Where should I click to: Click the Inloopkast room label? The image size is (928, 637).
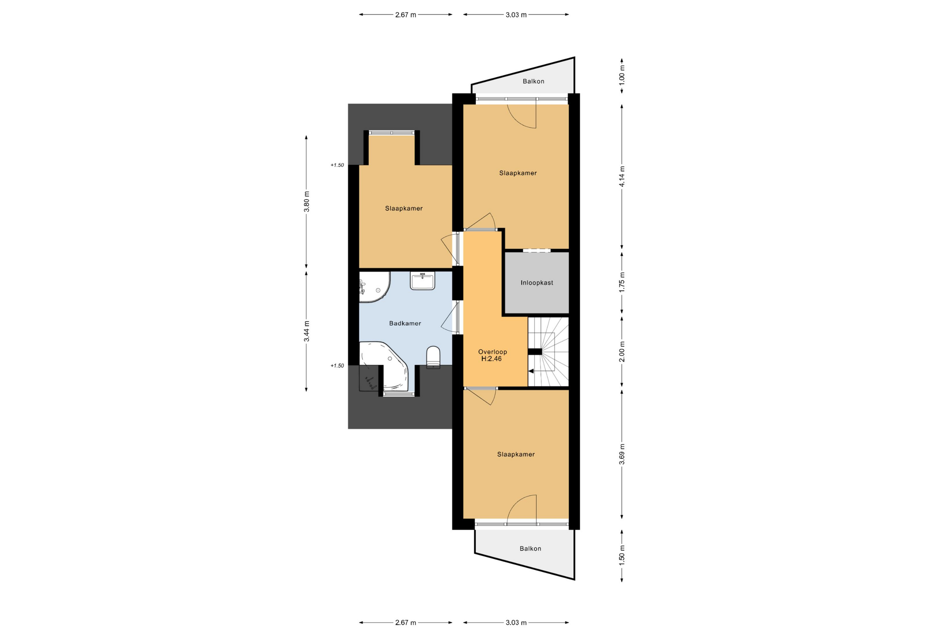pos(537,283)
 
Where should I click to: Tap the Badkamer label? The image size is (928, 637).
pos(405,323)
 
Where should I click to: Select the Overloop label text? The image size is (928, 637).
pos(493,352)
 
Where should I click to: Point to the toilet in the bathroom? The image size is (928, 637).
pos(433,357)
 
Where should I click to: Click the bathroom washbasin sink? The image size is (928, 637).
pos(422,281)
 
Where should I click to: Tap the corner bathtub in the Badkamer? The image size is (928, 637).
pos(384,366)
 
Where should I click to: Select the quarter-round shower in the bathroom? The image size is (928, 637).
pos(374,287)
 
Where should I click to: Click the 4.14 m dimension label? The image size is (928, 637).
pos(622,176)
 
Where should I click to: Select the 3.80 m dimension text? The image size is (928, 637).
pos(306,201)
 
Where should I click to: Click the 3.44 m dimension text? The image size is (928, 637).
pos(306,331)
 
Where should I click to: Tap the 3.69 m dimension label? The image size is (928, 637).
pos(622,455)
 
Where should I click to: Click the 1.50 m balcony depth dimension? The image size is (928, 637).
pos(622,555)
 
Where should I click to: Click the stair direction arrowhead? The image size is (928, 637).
pos(531,371)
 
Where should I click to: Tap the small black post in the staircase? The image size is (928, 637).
pos(535,352)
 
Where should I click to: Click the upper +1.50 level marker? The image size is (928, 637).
pos(337,165)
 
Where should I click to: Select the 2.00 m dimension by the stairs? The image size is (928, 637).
pos(622,352)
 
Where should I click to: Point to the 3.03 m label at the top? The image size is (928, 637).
pos(516,15)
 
